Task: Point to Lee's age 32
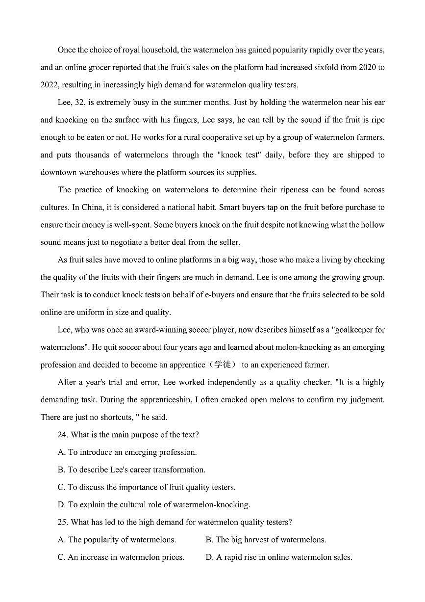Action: pyautogui.click(x=78, y=103)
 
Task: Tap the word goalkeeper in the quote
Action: pyautogui.click(x=353, y=330)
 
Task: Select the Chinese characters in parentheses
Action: pyautogui.click(x=224, y=365)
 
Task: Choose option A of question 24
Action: pyautogui.click(x=127, y=452)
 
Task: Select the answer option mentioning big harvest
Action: pyautogui.click(x=266, y=540)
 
